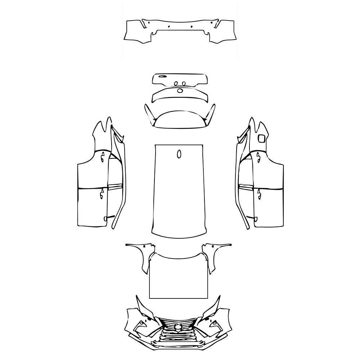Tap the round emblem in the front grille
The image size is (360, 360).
[x=178, y=327]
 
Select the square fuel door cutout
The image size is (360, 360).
[x=261, y=138]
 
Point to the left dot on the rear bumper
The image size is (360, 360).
[x=168, y=27]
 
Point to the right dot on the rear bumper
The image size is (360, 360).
[x=192, y=27]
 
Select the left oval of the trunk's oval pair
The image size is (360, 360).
[x=176, y=84]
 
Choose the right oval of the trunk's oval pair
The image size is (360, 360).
[x=184, y=84]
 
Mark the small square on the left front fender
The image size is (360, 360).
[x=143, y=246]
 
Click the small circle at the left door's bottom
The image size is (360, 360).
[x=105, y=218]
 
